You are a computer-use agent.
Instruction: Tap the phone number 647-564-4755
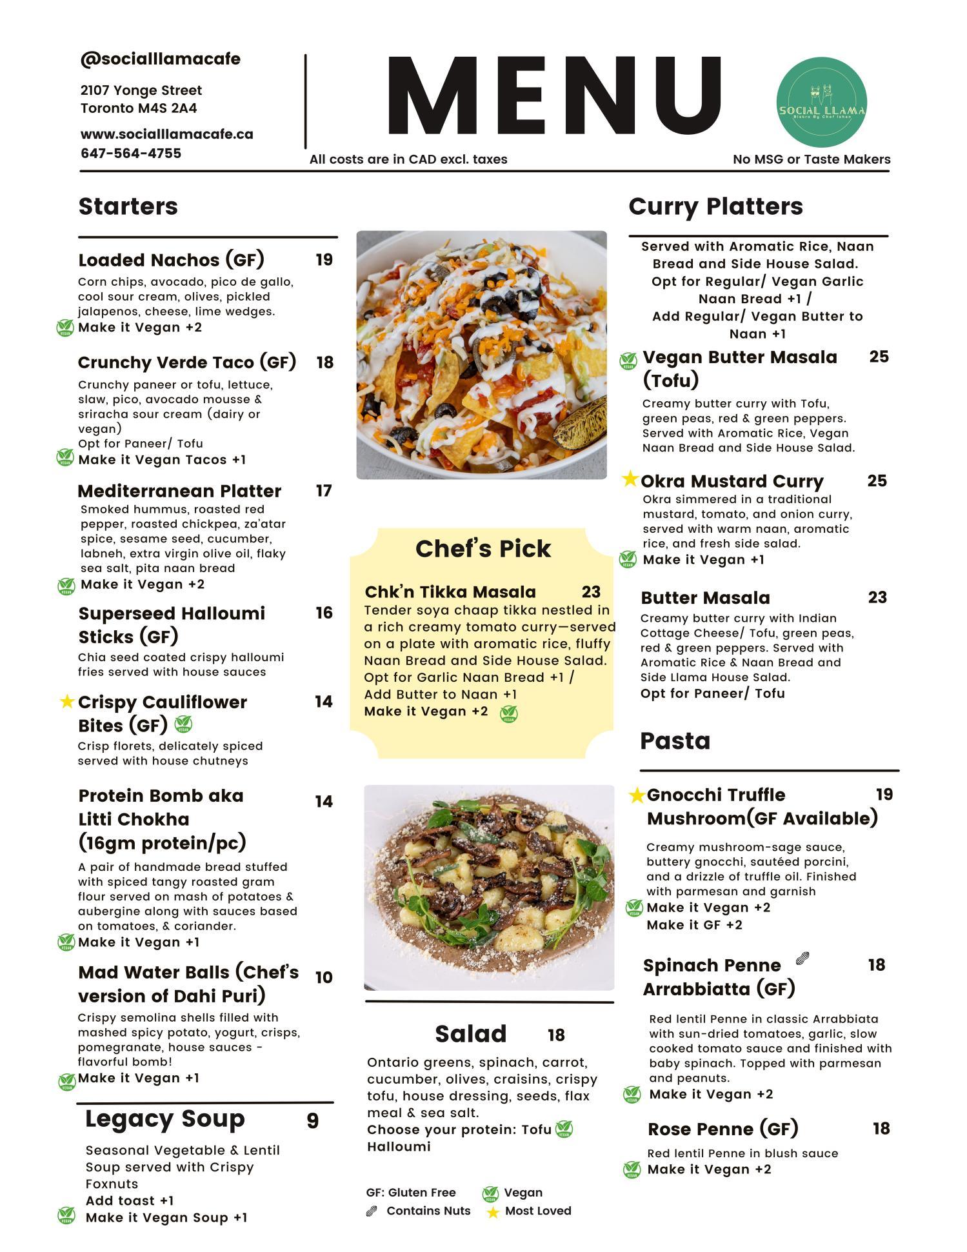pos(131,154)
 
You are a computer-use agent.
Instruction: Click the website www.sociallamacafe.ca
pos(166,134)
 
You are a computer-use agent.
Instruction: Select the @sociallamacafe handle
pos(160,59)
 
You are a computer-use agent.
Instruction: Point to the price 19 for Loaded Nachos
pos(324,259)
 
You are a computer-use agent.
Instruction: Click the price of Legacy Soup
pos(312,1121)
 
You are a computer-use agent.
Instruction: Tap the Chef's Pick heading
pos(483,548)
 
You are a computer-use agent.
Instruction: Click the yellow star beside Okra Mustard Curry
pos(630,479)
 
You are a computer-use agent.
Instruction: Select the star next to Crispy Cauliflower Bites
pos(66,701)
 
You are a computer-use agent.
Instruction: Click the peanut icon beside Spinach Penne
pos(803,959)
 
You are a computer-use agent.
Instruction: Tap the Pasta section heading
pos(675,740)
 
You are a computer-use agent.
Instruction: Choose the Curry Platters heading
pos(715,206)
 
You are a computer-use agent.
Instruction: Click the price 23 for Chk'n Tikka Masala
pos(591,591)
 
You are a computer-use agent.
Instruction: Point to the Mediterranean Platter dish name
pos(179,491)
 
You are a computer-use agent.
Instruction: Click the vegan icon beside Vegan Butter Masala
pos(628,361)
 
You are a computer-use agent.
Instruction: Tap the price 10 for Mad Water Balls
pos(324,977)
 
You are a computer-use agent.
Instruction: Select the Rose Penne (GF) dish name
pos(723,1129)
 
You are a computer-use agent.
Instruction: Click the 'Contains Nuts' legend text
pos(428,1211)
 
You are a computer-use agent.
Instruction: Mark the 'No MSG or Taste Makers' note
pos(812,159)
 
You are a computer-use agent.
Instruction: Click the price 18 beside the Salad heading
pos(556,1035)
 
